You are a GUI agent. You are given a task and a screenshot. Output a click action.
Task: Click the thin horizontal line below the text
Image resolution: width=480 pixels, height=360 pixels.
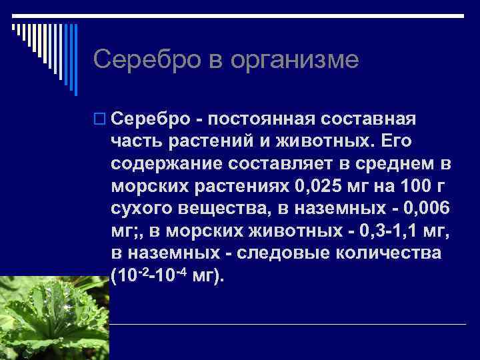click(287, 324)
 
